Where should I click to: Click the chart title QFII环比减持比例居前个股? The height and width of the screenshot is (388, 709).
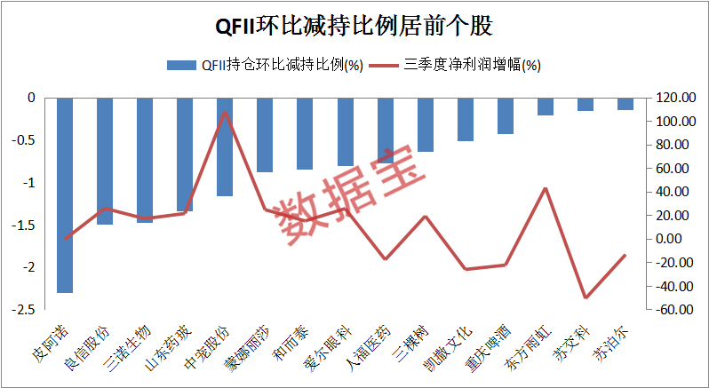pos(354,25)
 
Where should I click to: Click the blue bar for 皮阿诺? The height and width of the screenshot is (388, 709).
pos(65,194)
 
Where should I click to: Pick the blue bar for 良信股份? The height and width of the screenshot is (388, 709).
pos(105,161)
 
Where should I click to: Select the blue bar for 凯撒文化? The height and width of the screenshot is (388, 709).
pos(466,119)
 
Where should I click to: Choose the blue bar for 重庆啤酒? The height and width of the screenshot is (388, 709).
pos(506,115)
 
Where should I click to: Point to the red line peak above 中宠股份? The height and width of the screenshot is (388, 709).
pos(225,112)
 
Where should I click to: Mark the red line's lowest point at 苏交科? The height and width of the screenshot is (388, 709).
pos(586,297)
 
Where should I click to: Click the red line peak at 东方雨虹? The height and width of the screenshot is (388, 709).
pos(546,188)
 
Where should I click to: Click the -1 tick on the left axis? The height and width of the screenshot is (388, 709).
pos(29,183)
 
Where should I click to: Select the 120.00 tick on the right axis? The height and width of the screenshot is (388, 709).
pos(673,98)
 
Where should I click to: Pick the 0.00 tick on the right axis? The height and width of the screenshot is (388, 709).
pos(673,239)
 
